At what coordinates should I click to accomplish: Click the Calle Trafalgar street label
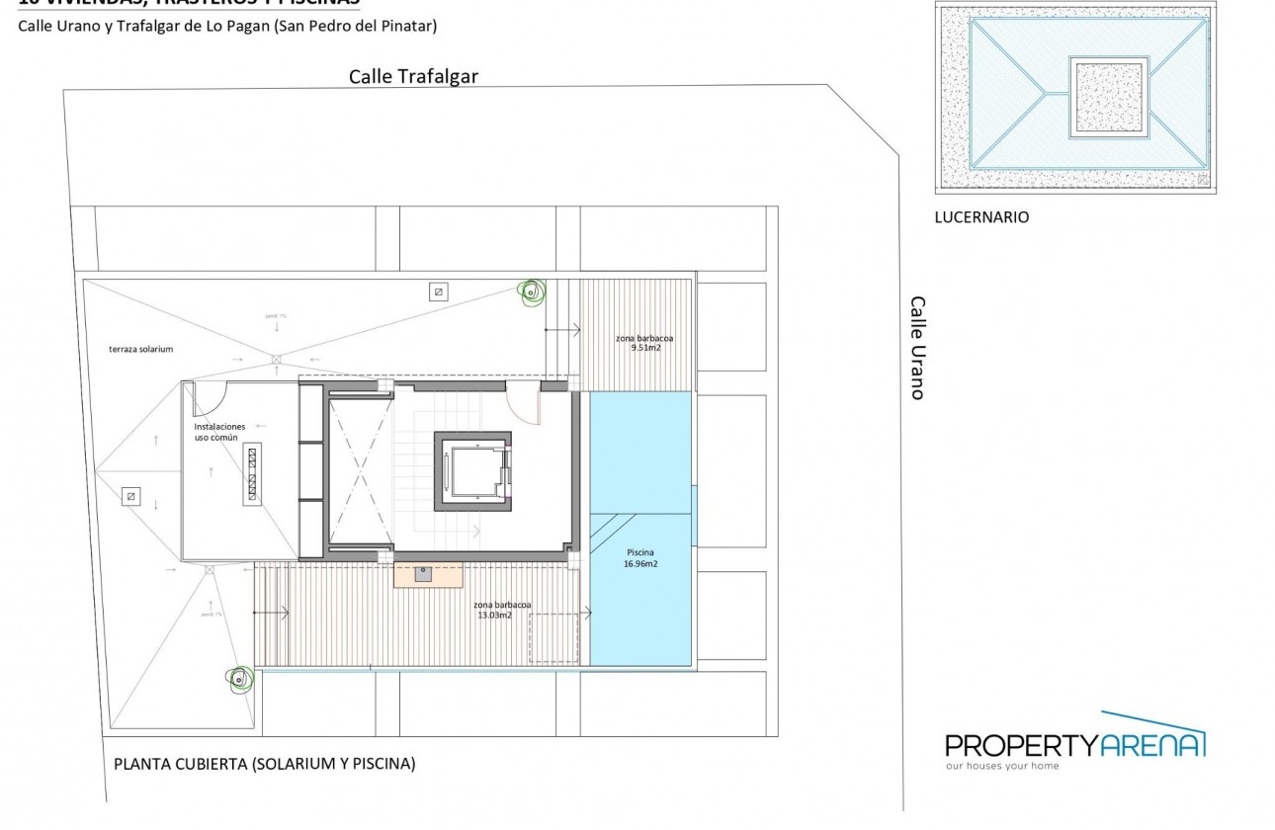click(x=413, y=77)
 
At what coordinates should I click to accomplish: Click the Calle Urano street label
click(x=917, y=348)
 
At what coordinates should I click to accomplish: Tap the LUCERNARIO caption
click(x=981, y=217)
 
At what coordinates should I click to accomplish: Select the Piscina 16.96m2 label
click(x=640, y=558)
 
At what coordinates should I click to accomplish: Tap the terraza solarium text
click(x=141, y=350)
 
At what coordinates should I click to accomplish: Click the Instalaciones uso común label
click(x=219, y=432)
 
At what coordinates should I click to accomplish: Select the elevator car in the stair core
click(x=472, y=468)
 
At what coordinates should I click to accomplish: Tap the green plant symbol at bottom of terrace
click(x=238, y=679)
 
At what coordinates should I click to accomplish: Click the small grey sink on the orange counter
click(x=423, y=574)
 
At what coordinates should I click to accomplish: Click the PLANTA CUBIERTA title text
click(x=265, y=764)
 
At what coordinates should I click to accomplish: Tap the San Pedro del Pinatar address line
click(x=226, y=27)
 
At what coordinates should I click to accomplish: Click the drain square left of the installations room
click(x=130, y=496)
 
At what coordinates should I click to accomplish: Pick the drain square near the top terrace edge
click(x=438, y=291)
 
